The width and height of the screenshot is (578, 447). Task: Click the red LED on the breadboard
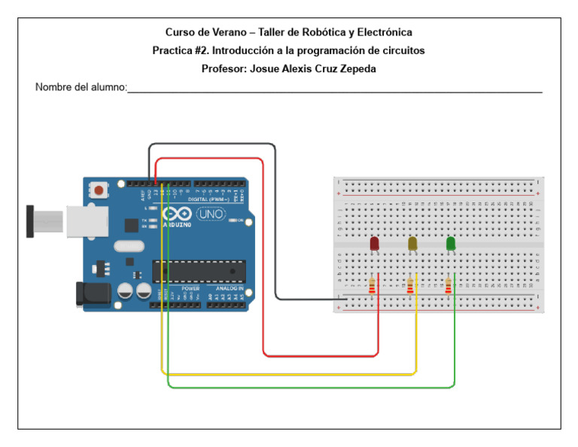pyautogui.click(x=374, y=244)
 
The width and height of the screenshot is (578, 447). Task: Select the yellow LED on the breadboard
pyautogui.click(x=412, y=244)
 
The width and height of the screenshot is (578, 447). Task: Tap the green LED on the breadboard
pyautogui.click(x=451, y=244)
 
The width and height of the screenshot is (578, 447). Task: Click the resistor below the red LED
pyautogui.click(x=372, y=287)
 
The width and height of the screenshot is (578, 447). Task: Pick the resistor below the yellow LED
pyautogui.click(x=410, y=287)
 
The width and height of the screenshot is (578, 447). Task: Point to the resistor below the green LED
pyautogui.click(x=449, y=287)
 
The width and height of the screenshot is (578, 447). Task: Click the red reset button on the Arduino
pyautogui.click(x=98, y=190)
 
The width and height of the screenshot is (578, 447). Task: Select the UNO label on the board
pyautogui.click(x=211, y=214)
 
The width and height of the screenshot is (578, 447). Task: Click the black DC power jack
pyautogui.click(x=89, y=293)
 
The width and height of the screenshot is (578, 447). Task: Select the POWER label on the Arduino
pyautogui.click(x=190, y=288)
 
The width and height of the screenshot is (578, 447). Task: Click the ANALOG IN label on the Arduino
pyautogui.click(x=230, y=288)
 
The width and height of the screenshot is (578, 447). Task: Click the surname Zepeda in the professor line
pyautogui.click(x=356, y=68)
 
